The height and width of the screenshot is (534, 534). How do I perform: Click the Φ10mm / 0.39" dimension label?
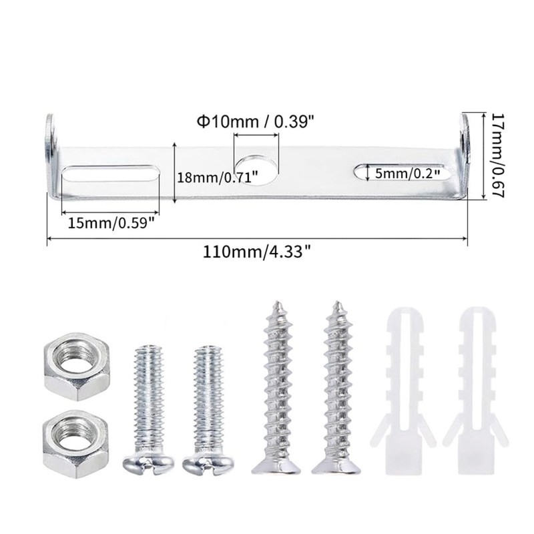255,121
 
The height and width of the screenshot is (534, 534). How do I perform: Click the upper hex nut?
76,366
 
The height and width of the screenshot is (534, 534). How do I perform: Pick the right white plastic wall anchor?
475,387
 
